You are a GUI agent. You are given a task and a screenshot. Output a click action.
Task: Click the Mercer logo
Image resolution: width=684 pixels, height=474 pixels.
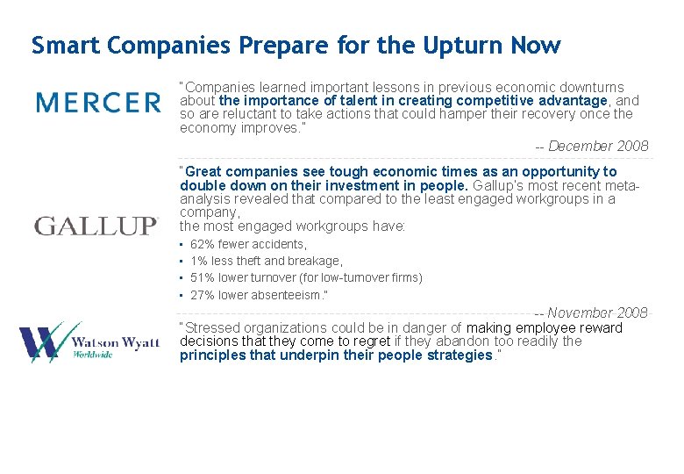[x=98, y=103]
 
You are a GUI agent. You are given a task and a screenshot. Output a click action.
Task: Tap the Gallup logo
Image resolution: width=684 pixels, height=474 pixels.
[x=96, y=226]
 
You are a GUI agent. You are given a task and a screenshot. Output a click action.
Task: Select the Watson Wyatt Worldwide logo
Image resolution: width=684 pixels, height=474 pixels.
[x=89, y=341]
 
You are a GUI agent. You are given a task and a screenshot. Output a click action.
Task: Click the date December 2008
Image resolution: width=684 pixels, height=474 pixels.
[x=598, y=146]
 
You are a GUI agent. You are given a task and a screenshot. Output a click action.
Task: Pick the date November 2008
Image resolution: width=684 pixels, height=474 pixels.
[x=598, y=312]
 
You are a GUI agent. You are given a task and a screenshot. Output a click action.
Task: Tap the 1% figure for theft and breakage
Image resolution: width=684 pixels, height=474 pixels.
[x=199, y=261]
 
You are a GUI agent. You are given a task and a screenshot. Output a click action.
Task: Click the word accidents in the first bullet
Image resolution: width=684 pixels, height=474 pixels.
[x=280, y=244]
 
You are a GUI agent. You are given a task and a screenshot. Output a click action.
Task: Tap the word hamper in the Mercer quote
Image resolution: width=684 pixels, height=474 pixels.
[x=395, y=114]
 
